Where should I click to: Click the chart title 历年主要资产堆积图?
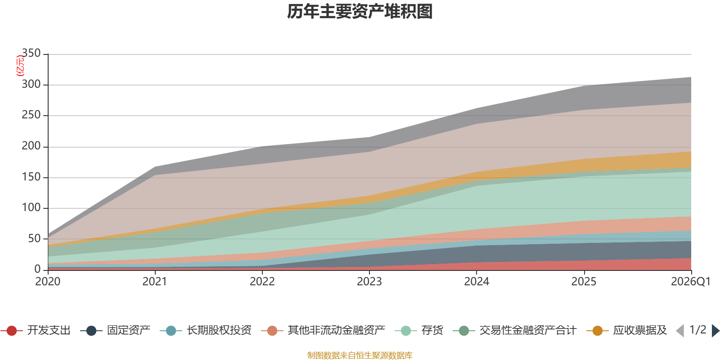(360, 12)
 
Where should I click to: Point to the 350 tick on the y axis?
(31, 53)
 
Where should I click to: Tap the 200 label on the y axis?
(31, 146)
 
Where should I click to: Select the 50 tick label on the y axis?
(34, 238)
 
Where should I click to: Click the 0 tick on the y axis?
(38, 269)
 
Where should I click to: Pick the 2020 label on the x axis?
(48, 282)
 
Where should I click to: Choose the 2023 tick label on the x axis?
(369, 282)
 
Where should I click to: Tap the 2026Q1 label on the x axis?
(691, 282)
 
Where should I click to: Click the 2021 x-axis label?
(155, 282)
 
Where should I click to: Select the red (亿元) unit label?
(20, 66)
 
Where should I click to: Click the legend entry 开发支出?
(36, 330)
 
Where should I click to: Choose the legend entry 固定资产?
(115, 330)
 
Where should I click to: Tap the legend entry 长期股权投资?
(206, 330)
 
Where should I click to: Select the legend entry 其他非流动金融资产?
(323, 330)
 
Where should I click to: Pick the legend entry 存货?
(419, 330)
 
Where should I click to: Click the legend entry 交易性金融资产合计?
(515, 330)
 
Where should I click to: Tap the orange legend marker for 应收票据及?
(598, 331)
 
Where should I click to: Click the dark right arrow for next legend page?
(715, 331)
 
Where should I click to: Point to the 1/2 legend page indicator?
(698, 330)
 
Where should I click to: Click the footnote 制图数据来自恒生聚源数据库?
(360, 355)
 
